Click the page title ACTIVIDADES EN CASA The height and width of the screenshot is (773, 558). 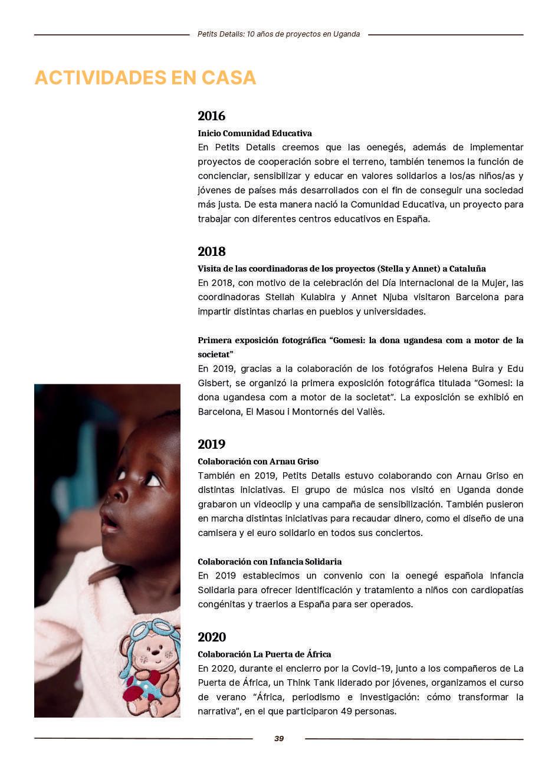coord(145,78)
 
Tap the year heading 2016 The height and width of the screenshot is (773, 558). coord(211,116)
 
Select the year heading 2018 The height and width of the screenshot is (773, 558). coord(211,252)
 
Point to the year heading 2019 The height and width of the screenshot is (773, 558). coord(211,445)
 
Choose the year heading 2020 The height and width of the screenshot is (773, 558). coord(212,637)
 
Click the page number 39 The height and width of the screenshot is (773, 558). coord(279,739)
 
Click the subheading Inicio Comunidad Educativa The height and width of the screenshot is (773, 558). coord(255,133)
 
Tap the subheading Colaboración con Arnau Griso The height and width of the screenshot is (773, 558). coord(258,462)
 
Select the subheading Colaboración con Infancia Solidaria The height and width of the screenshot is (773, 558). coord(270,562)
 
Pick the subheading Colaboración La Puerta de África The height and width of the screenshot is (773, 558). coord(264,654)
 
